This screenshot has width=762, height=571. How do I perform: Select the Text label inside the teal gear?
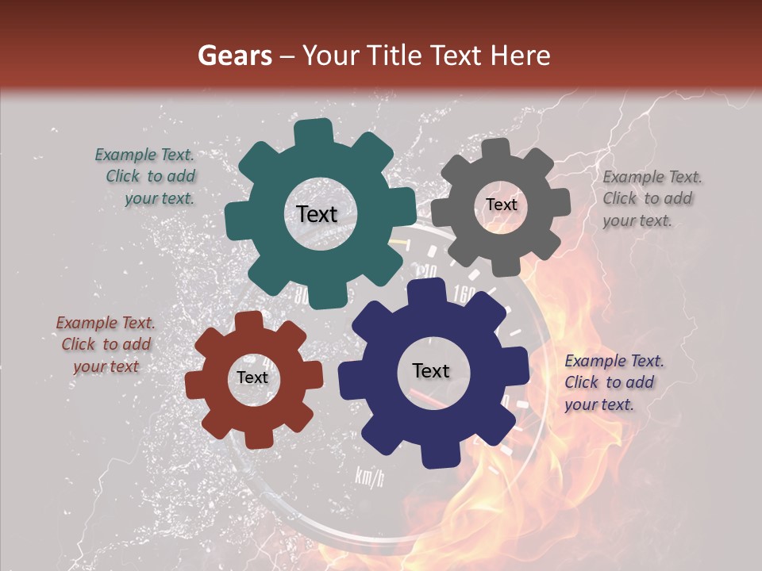[x=317, y=214]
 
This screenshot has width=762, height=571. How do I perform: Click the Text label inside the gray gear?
[x=501, y=205]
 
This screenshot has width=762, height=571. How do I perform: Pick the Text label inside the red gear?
[x=252, y=378]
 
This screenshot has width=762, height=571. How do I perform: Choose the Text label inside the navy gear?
[x=431, y=370]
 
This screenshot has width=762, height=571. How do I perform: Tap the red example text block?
[x=106, y=345]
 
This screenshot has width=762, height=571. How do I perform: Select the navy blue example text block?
[x=614, y=382]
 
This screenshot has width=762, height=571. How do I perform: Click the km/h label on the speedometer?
[x=369, y=477]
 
